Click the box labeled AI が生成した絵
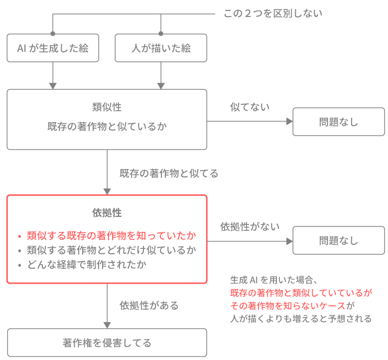coord(53,48)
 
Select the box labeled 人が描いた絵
coord(161,48)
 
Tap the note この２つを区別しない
coord(273,13)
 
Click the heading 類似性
coord(107,107)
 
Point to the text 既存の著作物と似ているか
coord(107,127)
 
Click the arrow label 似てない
coord(250,107)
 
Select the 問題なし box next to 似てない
coord(339,122)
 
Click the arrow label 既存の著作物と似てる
coord(169,174)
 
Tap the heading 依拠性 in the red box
coord(107,213)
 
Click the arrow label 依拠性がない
coord(250,226)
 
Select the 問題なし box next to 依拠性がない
coord(339,241)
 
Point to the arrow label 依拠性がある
coord(149,305)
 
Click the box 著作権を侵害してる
coord(107,343)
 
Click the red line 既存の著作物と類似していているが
coord(301,293)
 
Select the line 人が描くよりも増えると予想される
coord(301,319)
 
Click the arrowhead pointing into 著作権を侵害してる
coord(107,325)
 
